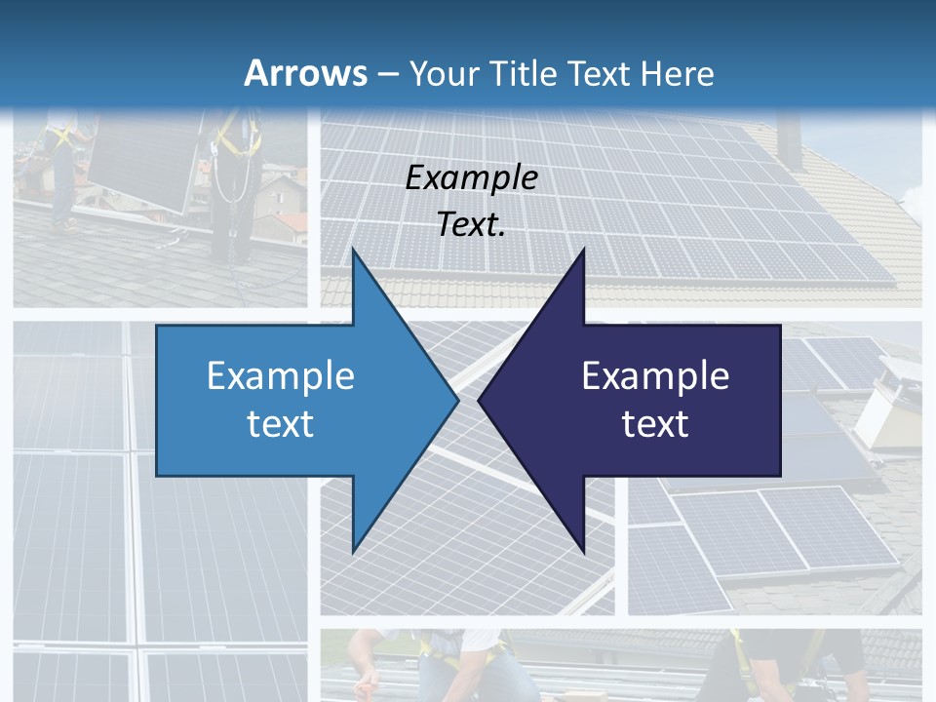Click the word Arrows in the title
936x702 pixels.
[x=304, y=73]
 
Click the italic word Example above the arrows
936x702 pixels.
[x=472, y=178]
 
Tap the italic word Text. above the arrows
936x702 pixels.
[x=472, y=224]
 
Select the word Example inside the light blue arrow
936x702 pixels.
[x=281, y=375]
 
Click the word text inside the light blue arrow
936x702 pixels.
[x=281, y=423]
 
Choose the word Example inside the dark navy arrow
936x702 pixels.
[x=655, y=375]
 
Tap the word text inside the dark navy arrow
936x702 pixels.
[x=655, y=423]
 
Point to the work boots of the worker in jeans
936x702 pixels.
[x=66, y=224]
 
